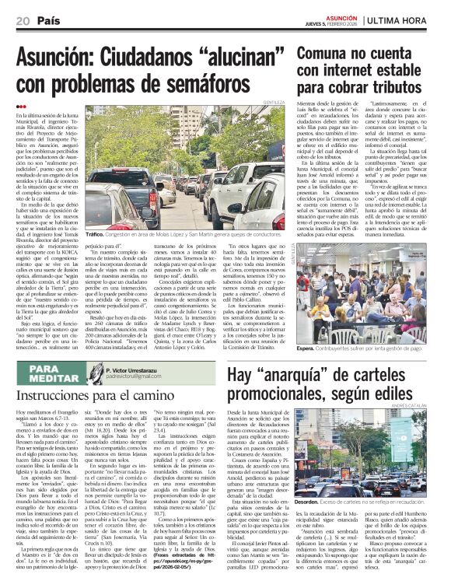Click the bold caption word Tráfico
(x=96, y=233)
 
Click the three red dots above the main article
(x=21, y=107)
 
